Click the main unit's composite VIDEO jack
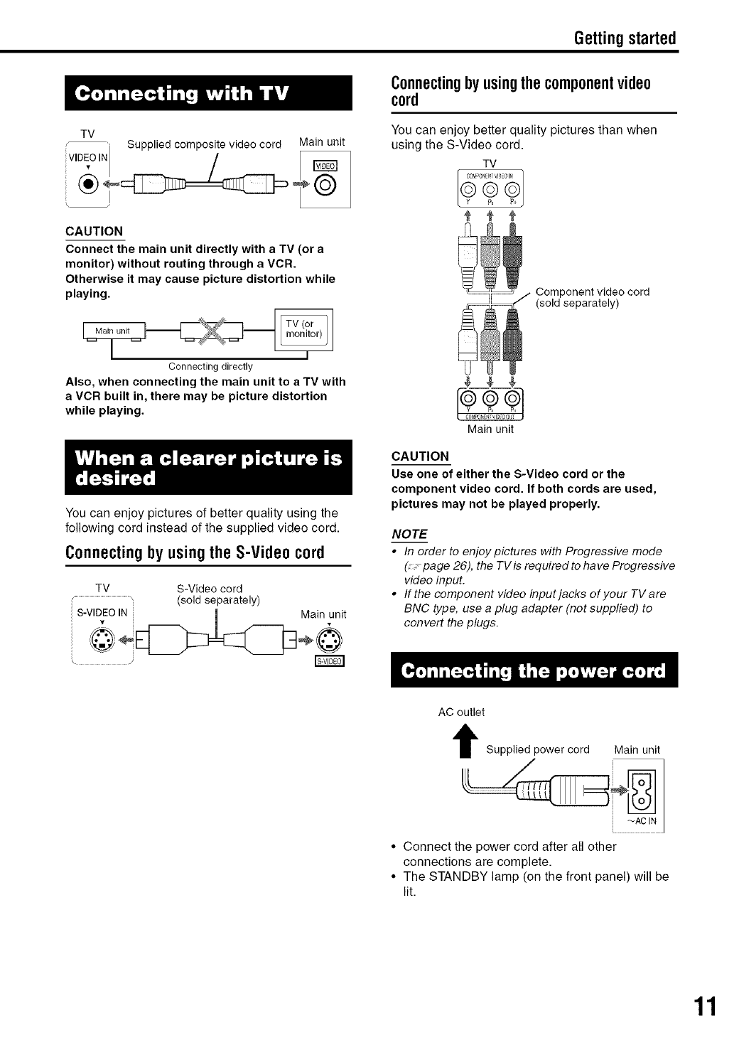tap(332, 187)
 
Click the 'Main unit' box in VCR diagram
tap(114, 331)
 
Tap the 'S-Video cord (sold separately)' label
tap(218, 594)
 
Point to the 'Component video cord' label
tap(592, 297)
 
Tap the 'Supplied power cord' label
tap(538, 749)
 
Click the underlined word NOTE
tap(409, 534)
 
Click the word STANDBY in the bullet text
tap(455, 877)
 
